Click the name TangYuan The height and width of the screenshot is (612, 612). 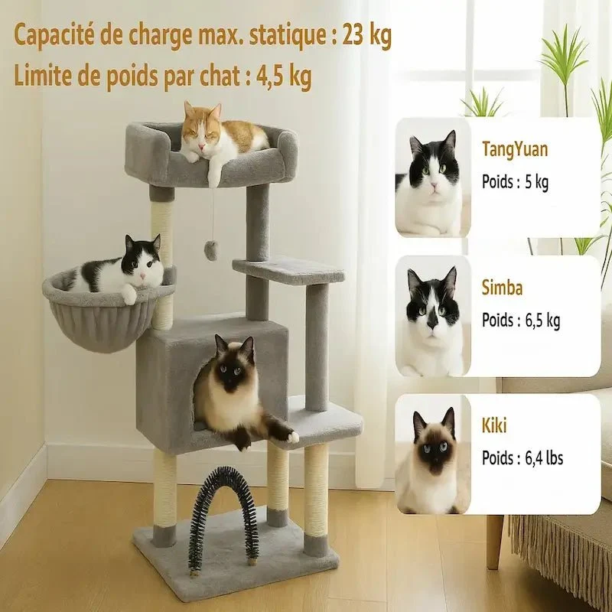[515, 149]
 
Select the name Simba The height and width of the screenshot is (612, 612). [502, 288]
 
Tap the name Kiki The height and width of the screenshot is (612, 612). [494, 425]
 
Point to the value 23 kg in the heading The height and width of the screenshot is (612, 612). [366, 36]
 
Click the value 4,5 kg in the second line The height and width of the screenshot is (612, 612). [284, 76]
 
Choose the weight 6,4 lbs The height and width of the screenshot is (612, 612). [544, 457]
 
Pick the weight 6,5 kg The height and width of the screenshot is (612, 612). [542, 321]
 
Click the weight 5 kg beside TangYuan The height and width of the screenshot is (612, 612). [537, 182]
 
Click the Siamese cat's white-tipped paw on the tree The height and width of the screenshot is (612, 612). [292, 435]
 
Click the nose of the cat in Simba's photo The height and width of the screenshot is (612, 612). [432, 323]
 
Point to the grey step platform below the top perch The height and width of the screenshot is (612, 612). [288, 269]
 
